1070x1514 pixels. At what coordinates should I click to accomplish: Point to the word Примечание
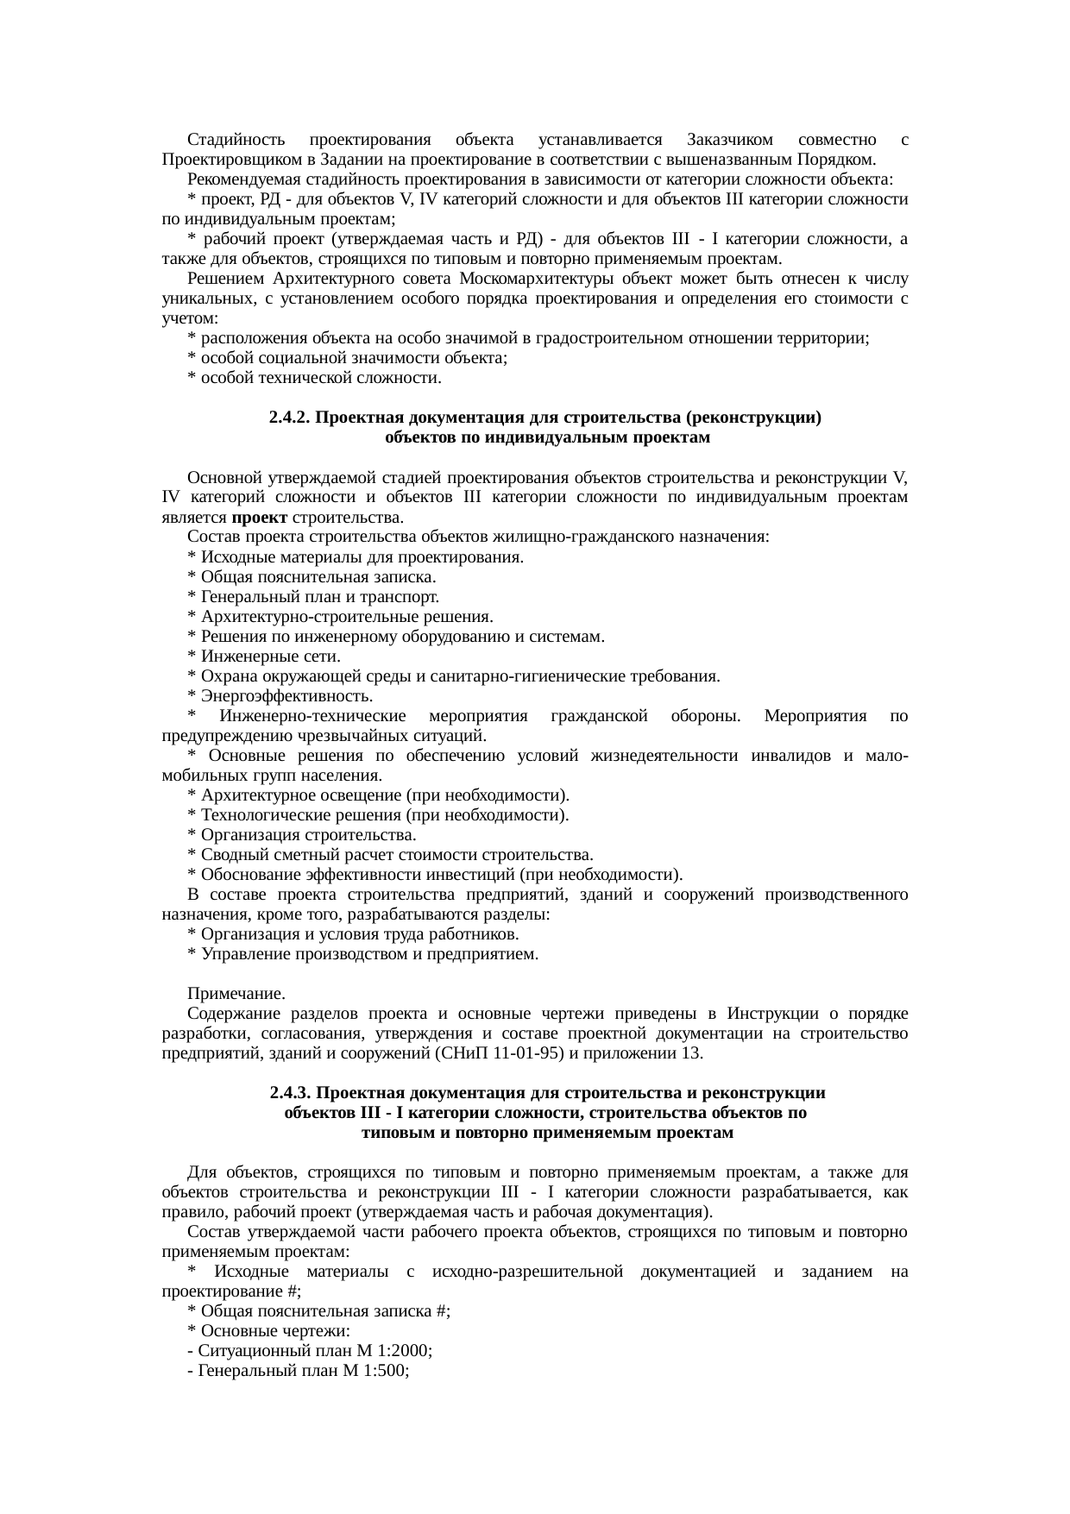tap(236, 995)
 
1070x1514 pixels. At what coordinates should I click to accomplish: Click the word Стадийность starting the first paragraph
tap(229, 140)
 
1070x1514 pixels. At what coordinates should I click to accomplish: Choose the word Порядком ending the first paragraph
tap(843, 160)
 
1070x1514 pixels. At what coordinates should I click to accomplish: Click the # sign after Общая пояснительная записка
tap(443, 1311)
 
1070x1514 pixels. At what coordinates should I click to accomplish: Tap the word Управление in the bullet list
tap(238, 954)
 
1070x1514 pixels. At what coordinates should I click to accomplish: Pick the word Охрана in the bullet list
tap(223, 676)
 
